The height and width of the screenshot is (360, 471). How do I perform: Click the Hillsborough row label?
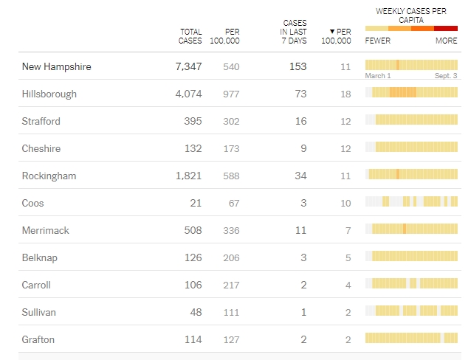(49, 94)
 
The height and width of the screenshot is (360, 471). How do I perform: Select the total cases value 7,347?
(188, 66)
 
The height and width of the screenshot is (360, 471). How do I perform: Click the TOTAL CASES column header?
(190, 36)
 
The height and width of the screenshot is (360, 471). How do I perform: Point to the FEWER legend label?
(378, 41)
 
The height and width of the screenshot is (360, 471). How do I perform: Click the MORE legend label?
(446, 41)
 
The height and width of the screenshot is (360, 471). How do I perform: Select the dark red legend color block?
(446, 28)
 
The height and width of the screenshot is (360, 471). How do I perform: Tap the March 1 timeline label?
(378, 76)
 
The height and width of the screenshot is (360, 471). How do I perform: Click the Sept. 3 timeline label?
(445, 76)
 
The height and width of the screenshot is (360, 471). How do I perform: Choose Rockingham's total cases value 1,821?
(188, 176)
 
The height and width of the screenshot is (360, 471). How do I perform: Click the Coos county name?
(33, 203)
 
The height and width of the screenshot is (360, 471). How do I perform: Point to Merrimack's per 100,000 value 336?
(231, 230)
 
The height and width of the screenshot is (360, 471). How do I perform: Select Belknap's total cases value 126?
(193, 257)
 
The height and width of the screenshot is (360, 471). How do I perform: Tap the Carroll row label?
(36, 285)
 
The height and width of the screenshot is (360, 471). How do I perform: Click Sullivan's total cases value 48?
(196, 312)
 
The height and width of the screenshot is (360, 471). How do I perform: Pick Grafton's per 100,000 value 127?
(231, 339)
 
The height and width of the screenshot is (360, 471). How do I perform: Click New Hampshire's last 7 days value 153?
(298, 66)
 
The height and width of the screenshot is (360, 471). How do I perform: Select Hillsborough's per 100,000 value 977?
(231, 94)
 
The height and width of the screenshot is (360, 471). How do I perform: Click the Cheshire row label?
(41, 148)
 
